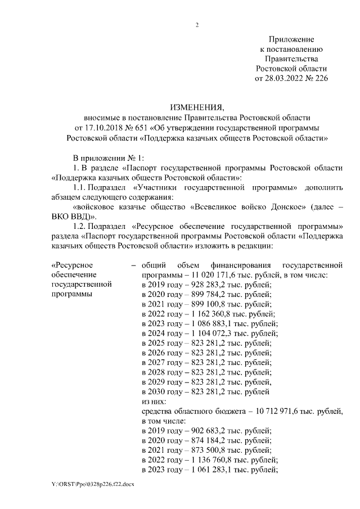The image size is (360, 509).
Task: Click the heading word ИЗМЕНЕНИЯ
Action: click(196, 107)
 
